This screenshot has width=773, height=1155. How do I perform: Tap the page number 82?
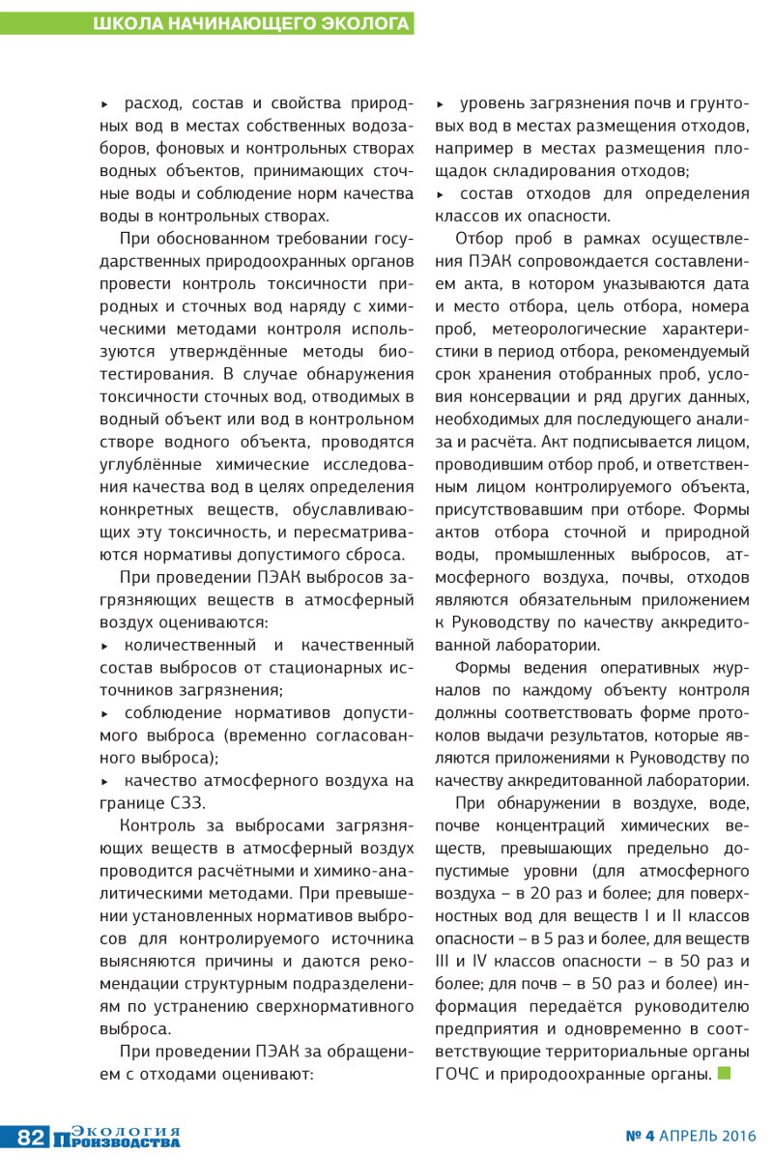pos(30,1137)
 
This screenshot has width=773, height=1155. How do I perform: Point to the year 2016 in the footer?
pos(737,1136)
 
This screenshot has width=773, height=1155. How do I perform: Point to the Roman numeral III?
pos(446,961)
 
